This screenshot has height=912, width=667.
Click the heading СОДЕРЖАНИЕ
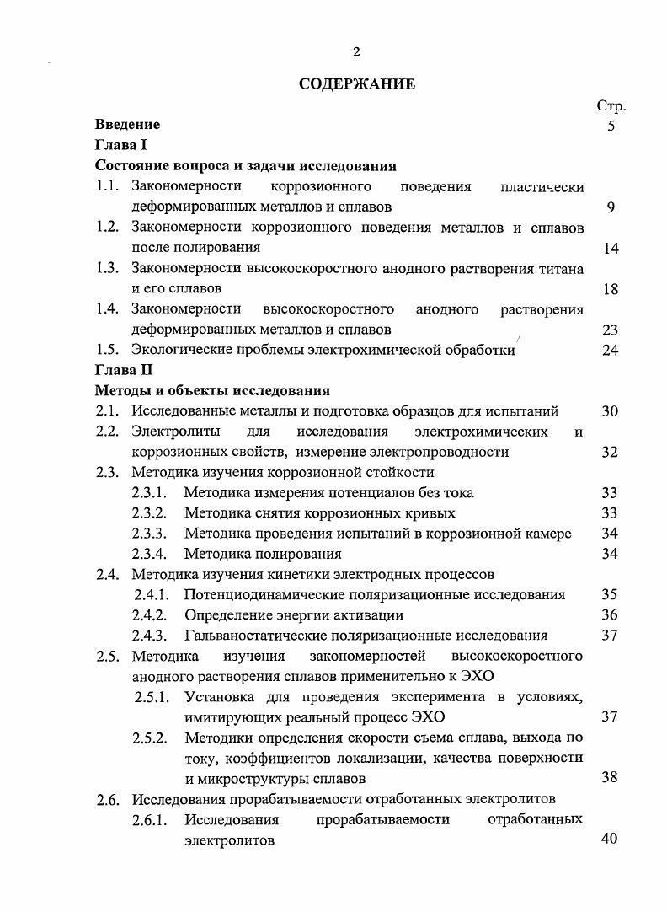pos(356,84)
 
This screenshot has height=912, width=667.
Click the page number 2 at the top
pos(356,52)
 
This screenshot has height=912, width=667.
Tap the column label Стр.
pos(611,106)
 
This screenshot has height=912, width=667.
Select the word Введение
pos(127,125)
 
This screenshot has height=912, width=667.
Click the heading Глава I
pos(122,145)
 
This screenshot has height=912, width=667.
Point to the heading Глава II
pos(125,370)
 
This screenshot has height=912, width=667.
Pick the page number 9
pos(611,207)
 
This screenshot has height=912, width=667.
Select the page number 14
pos(611,249)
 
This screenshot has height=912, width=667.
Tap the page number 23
pos(611,330)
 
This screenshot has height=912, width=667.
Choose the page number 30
pos(611,412)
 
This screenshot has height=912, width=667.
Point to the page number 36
pos(611,615)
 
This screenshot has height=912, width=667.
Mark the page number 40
pos(611,840)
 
